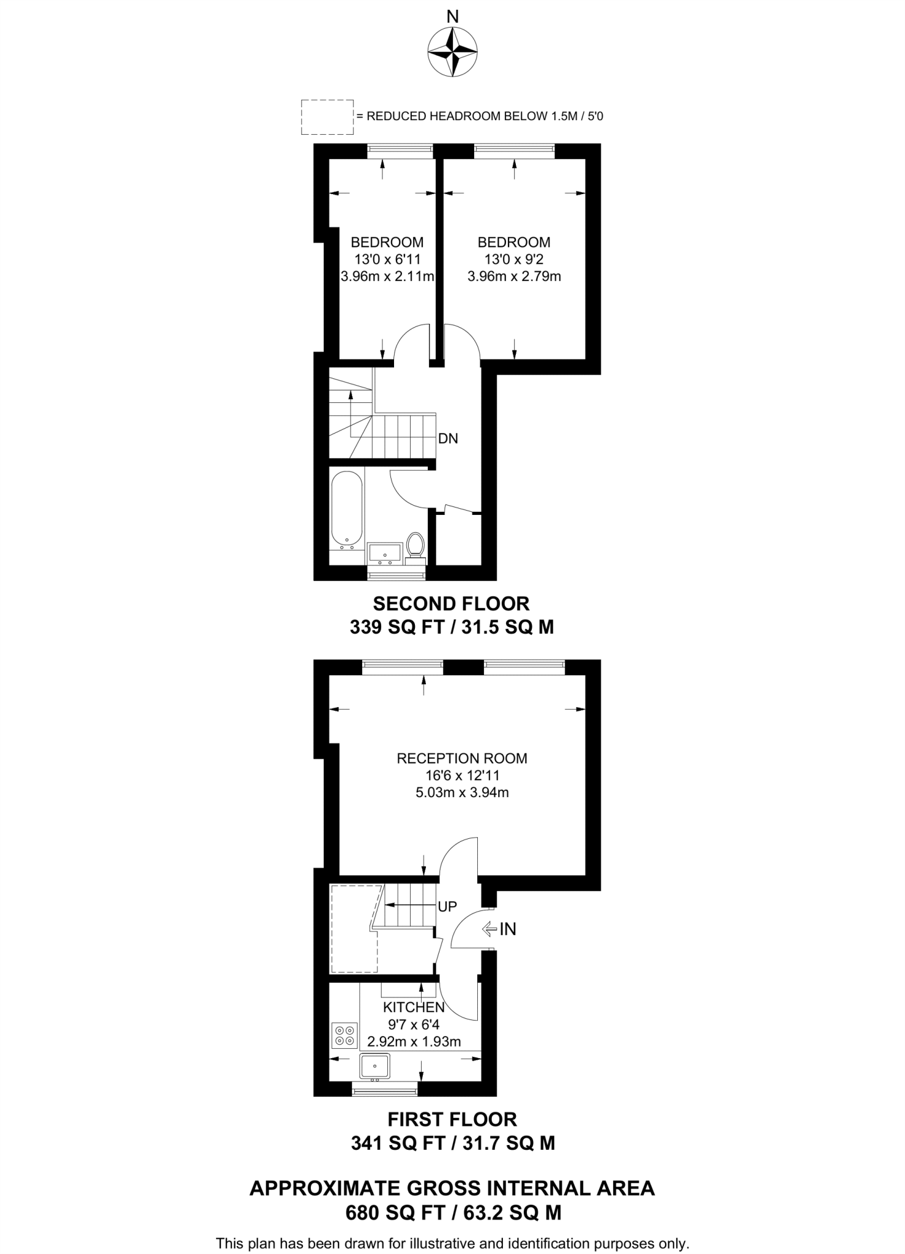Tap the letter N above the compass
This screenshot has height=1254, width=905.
[452, 17]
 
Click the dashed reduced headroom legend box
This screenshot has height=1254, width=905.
[327, 117]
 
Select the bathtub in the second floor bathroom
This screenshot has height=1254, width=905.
[346, 508]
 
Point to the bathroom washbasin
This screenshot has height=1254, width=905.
[385, 553]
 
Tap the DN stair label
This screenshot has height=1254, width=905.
[448, 438]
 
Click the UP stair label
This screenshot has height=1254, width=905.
[447, 906]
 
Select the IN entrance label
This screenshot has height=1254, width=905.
[507, 929]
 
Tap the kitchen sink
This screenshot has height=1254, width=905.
[374, 1065]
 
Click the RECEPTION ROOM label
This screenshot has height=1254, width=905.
[461, 758]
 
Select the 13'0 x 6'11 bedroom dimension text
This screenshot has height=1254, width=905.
[387, 259]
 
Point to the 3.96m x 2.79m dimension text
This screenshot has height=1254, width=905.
[514, 276]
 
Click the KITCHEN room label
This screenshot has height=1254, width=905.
[413, 1007]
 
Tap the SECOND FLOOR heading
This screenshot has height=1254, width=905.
[451, 604]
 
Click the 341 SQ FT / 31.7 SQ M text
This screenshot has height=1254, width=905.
[453, 1143]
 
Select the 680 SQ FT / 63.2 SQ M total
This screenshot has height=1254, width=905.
[453, 1212]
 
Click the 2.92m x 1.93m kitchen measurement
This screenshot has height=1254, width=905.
[414, 1042]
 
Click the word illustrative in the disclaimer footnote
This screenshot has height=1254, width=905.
[439, 1244]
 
